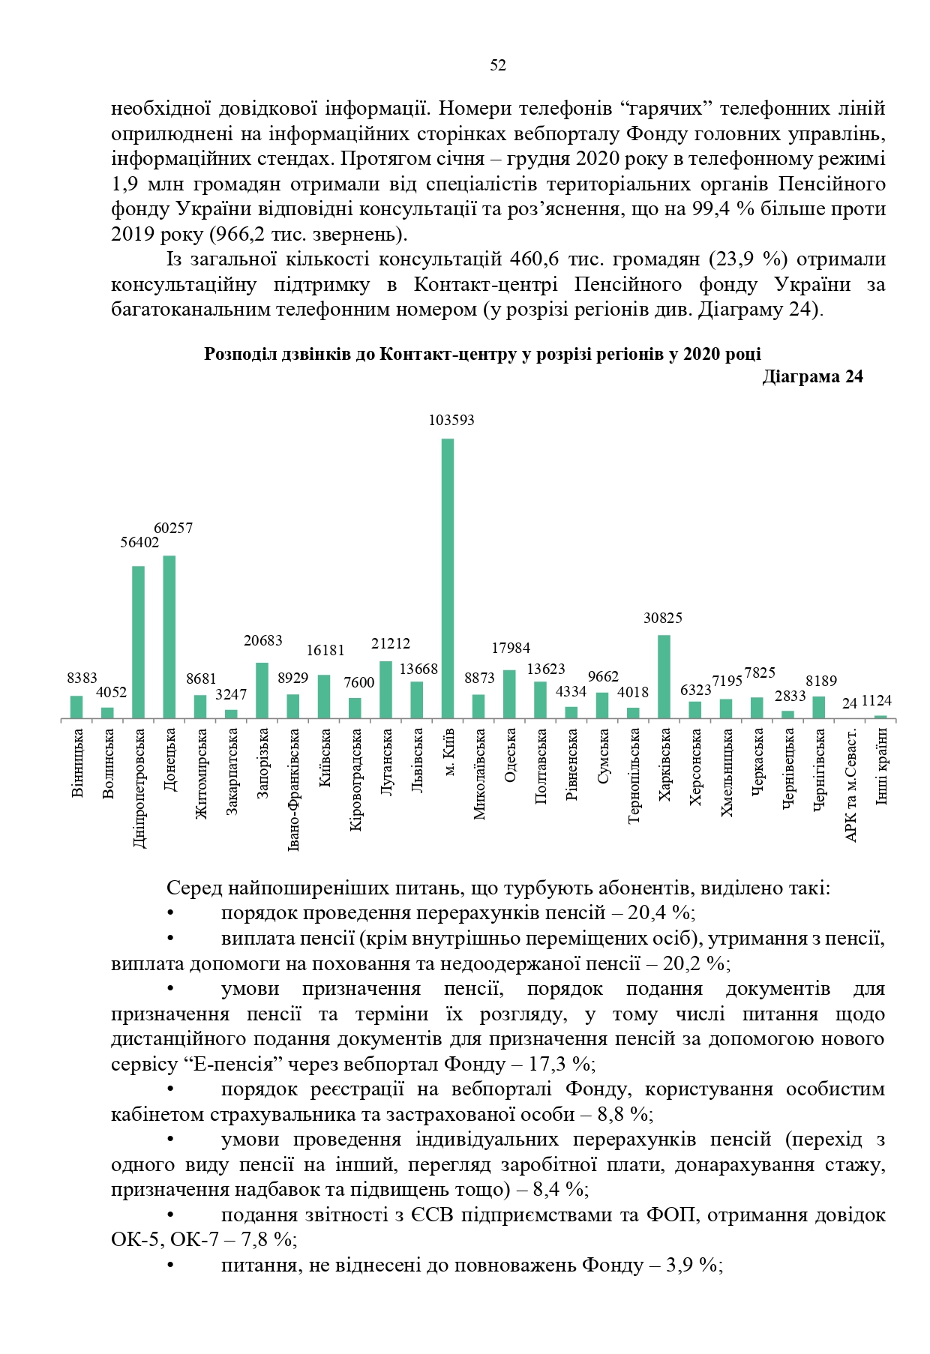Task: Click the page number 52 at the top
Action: point(497,66)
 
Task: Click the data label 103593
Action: point(451,421)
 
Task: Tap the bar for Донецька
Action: point(169,637)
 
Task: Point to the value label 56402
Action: point(140,543)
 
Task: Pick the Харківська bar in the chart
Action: point(664,677)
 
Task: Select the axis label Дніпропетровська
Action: point(139,788)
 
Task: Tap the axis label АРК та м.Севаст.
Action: point(850,784)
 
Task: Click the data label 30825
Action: point(663,619)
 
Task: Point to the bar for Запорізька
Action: point(262,690)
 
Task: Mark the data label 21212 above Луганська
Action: point(391,644)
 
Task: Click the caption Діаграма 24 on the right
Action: point(812,377)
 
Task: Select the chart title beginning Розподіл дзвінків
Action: point(482,355)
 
